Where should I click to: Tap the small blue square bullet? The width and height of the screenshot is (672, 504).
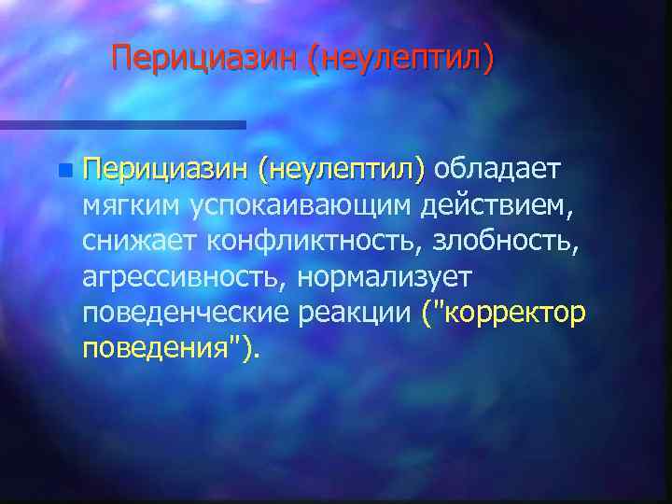coord(63,171)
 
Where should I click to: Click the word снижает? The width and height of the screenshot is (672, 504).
coord(139,241)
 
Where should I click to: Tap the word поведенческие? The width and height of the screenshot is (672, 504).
coord(187,312)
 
